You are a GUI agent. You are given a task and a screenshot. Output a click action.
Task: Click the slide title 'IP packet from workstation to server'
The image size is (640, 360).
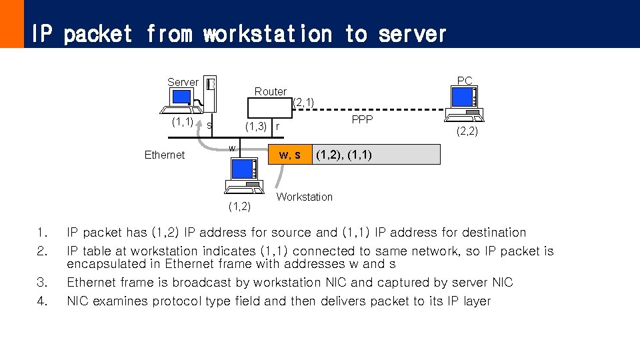pyautogui.click(x=238, y=33)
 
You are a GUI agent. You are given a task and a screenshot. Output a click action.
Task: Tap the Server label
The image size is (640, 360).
pyautogui.click(x=183, y=82)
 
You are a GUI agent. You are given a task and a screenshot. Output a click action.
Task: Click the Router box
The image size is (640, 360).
pyautogui.click(x=270, y=91)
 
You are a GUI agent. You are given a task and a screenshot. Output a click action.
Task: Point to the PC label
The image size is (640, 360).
pyautogui.click(x=465, y=81)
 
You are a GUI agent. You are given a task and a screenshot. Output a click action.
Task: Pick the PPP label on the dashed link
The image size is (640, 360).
pyautogui.click(x=362, y=119)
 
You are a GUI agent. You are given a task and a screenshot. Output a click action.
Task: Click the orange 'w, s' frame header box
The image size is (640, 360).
pyautogui.click(x=289, y=155)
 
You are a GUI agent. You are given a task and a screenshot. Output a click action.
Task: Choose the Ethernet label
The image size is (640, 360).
pyautogui.click(x=165, y=155)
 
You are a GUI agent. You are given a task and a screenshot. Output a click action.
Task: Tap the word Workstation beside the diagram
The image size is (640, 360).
pyautogui.click(x=304, y=197)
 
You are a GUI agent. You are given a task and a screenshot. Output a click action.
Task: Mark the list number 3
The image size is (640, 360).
pyautogui.click(x=43, y=283)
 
